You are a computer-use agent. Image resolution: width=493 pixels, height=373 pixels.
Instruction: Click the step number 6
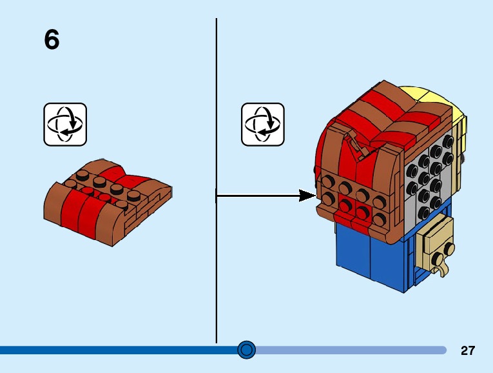click(x=52, y=40)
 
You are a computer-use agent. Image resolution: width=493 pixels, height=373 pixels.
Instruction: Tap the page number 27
click(x=468, y=350)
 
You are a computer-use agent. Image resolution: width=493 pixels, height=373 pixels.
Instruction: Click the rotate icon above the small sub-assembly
click(x=65, y=124)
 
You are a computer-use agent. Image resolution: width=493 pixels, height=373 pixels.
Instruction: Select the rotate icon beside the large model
click(x=262, y=124)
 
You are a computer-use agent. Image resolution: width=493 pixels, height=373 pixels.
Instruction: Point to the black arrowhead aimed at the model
click(x=307, y=196)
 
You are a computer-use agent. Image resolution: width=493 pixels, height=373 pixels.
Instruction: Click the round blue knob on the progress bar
click(x=246, y=350)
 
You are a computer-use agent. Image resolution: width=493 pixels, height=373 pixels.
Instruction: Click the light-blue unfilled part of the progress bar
click(x=348, y=350)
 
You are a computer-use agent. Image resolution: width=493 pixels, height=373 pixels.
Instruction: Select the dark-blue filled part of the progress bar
click(x=116, y=350)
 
